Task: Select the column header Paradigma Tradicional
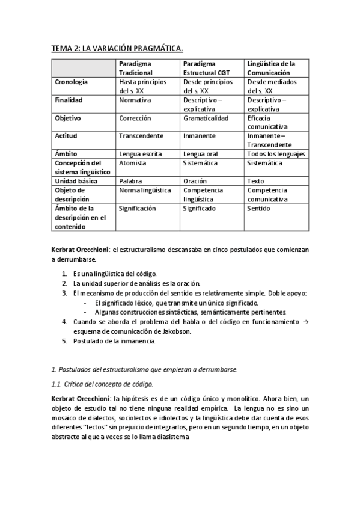(135, 67)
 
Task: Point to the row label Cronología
(72, 81)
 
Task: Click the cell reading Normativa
(135, 100)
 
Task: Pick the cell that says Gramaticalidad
(206, 118)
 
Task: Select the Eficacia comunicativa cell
(267, 123)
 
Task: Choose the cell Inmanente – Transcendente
(268, 140)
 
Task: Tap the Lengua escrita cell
(140, 154)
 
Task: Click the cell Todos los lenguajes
(276, 154)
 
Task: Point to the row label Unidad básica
(76, 181)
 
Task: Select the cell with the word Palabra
(130, 181)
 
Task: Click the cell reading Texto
(255, 181)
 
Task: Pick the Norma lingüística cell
(145, 190)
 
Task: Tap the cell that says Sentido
(258, 208)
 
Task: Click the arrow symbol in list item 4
(306, 322)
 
